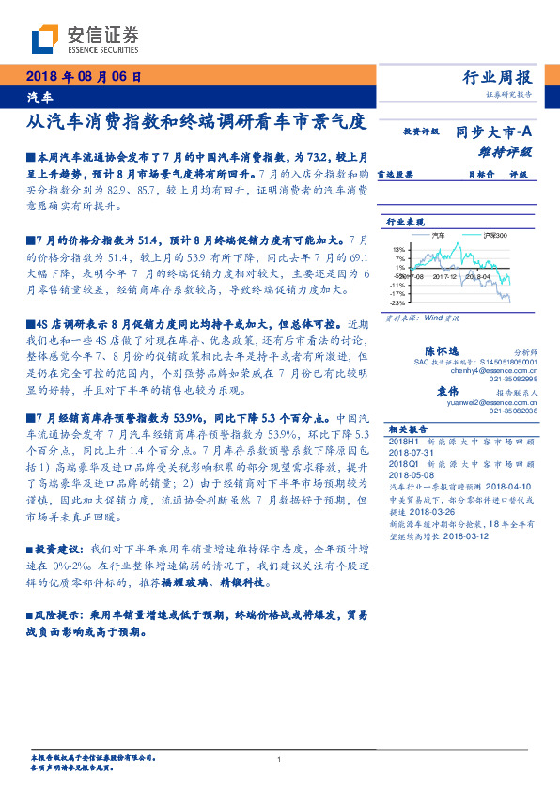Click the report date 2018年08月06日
pos(83,76)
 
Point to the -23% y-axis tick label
pos(398,302)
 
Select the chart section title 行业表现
pos(403,221)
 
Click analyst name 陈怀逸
pos(442,349)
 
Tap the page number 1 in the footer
pos(280,759)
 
